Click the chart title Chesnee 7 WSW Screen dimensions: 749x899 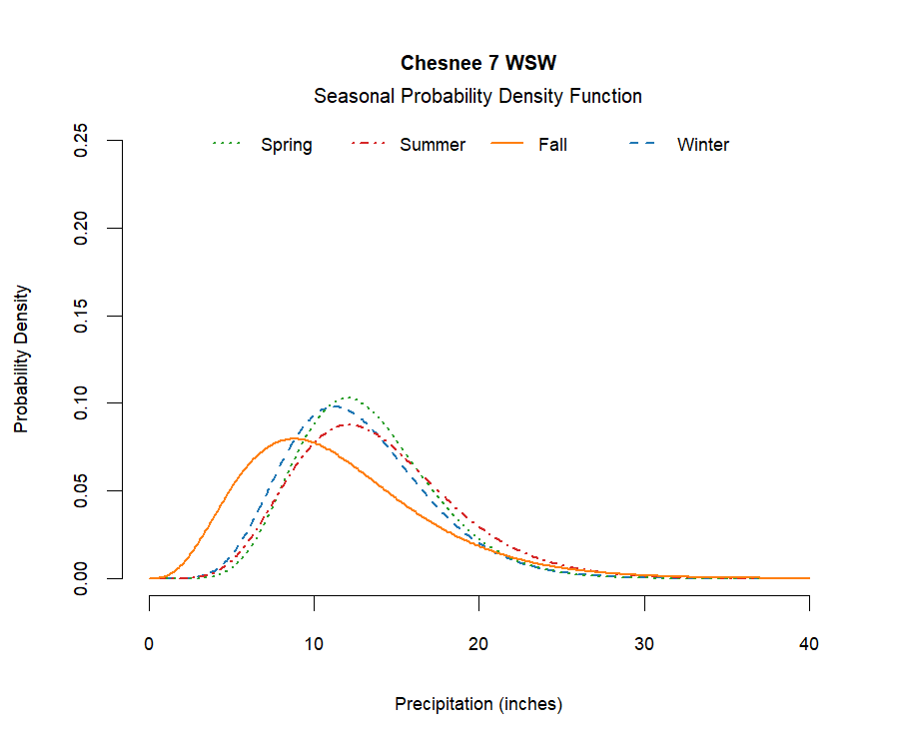click(x=478, y=63)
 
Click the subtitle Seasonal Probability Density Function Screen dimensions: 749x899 click(x=477, y=96)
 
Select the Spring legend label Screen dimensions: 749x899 click(x=287, y=145)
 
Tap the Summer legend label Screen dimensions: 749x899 click(x=433, y=145)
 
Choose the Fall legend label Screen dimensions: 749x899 click(x=552, y=145)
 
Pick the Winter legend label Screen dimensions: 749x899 click(x=703, y=145)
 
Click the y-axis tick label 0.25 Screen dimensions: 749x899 click(x=83, y=141)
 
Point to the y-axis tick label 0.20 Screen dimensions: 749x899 click(x=83, y=228)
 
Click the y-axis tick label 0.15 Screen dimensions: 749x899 click(x=83, y=316)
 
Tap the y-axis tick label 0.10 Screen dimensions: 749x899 click(x=83, y=402)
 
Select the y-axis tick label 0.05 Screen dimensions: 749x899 click(x=83, y=490)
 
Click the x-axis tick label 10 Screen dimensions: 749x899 click(x=315, y=644)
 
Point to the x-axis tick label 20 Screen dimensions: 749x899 click(x=479, y=644)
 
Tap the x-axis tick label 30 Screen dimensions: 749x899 click(x=644, y=644)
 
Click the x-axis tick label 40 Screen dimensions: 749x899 click(x=809, y=644)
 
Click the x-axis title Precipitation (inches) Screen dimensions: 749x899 click(x=478, y=704)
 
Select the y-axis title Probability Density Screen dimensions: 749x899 click(x=22, y=360)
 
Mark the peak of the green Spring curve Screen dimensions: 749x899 click(x=348, y=397)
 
